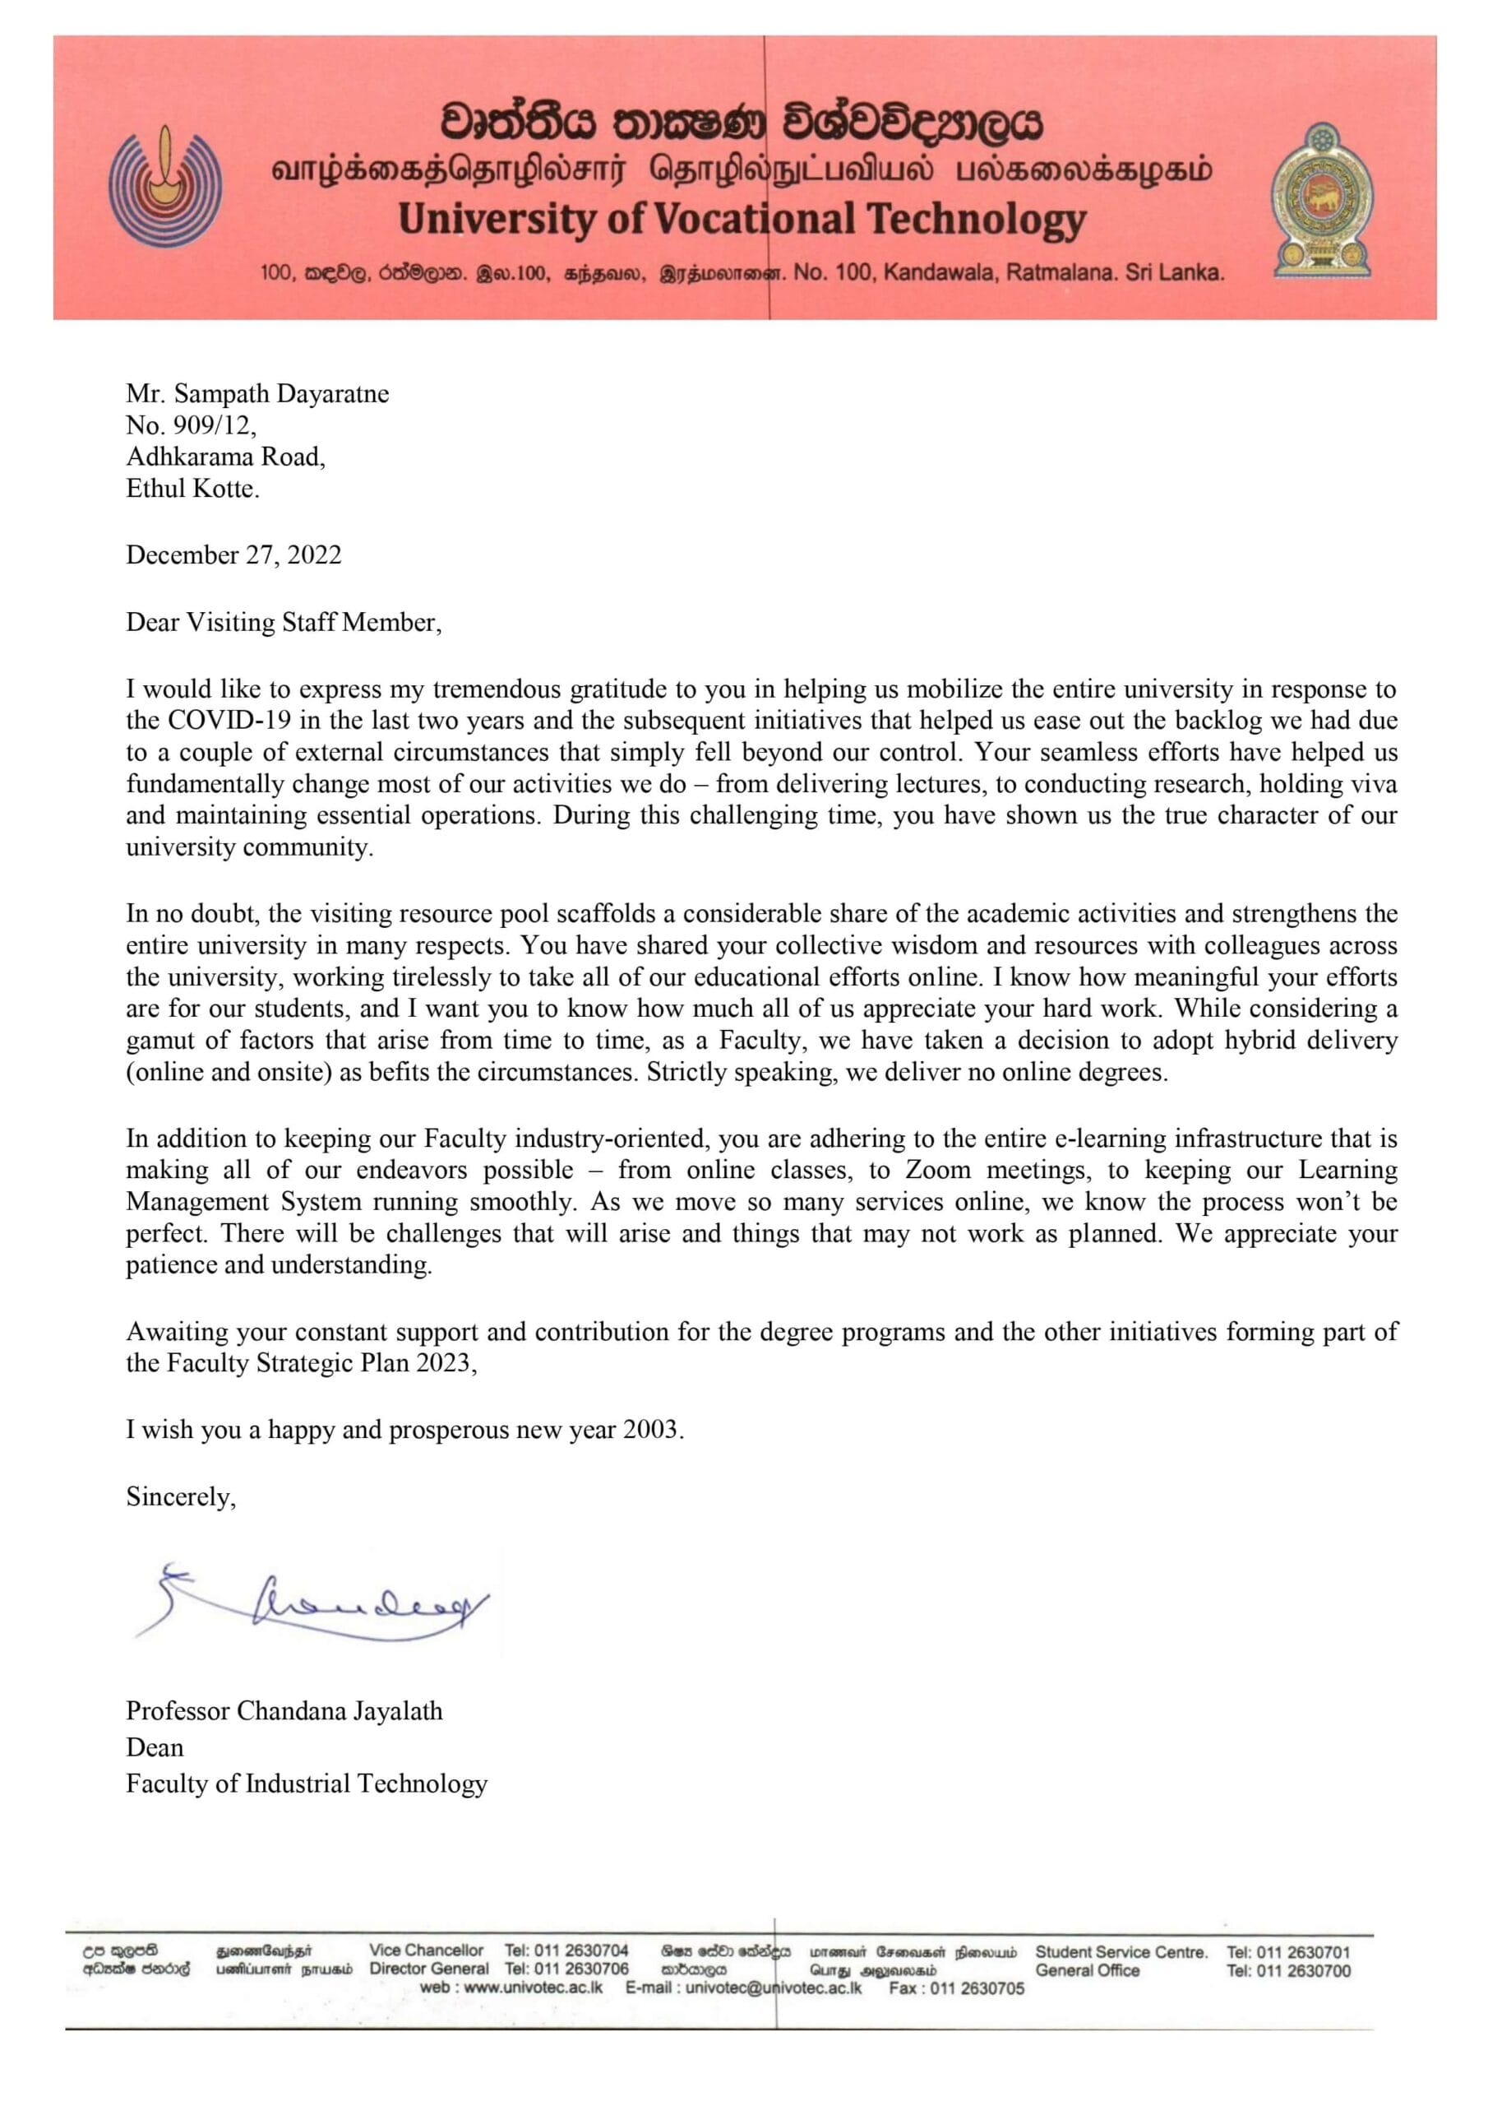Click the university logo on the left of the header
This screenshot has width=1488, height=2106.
point(166,185)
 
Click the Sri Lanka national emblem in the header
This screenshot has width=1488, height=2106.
point(1321,201)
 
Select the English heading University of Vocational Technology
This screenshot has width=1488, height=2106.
point(742,219)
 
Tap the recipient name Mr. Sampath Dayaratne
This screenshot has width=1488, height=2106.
point(257,393)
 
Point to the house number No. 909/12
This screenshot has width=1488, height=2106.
point(191,424)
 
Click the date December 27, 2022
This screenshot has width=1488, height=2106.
point(233,555)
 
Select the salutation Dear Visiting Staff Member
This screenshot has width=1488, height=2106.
point(284,622)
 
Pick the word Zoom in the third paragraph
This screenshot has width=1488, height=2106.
point(938,1170)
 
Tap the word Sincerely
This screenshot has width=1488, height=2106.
point(181,1496)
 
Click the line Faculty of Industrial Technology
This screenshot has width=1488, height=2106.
point(306,1784)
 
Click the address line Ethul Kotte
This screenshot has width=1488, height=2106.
point(192,488)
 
